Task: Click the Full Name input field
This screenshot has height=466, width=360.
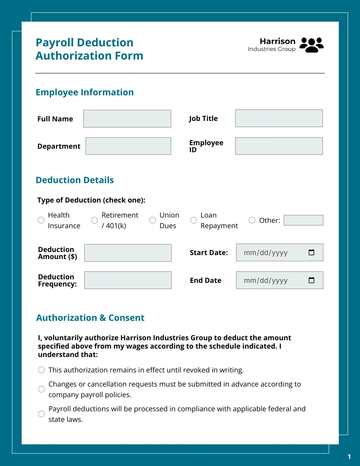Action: [127, 119]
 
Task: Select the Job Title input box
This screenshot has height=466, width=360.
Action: [279, 119]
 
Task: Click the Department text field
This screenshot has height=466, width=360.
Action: [128, 146]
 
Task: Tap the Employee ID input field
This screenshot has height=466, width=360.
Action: [279, 146]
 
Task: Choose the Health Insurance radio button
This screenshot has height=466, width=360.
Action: [41, 220]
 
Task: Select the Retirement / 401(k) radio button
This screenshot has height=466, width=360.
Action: [94, 220]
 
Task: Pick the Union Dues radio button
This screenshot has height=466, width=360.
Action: [153, 220]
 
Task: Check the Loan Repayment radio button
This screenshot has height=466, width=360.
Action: [194, 220]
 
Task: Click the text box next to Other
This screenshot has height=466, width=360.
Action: [304, 220]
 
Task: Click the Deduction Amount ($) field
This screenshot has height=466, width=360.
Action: [128, 253]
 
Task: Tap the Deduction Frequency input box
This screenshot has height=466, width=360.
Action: [128, 280]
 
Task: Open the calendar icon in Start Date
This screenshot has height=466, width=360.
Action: [311, 253]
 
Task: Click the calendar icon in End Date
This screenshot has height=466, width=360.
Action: [311, 280]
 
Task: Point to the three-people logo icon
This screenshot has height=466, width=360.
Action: [311, 45]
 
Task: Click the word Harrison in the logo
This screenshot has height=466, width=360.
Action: [277, 41]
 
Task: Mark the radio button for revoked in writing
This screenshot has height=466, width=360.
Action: [41, 370]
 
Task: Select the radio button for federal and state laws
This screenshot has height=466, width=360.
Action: [41, 414]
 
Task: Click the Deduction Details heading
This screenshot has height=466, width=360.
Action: [75, 180]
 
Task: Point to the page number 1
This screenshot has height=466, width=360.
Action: [349, 456]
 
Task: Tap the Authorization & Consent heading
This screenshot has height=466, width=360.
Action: [90, 318]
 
